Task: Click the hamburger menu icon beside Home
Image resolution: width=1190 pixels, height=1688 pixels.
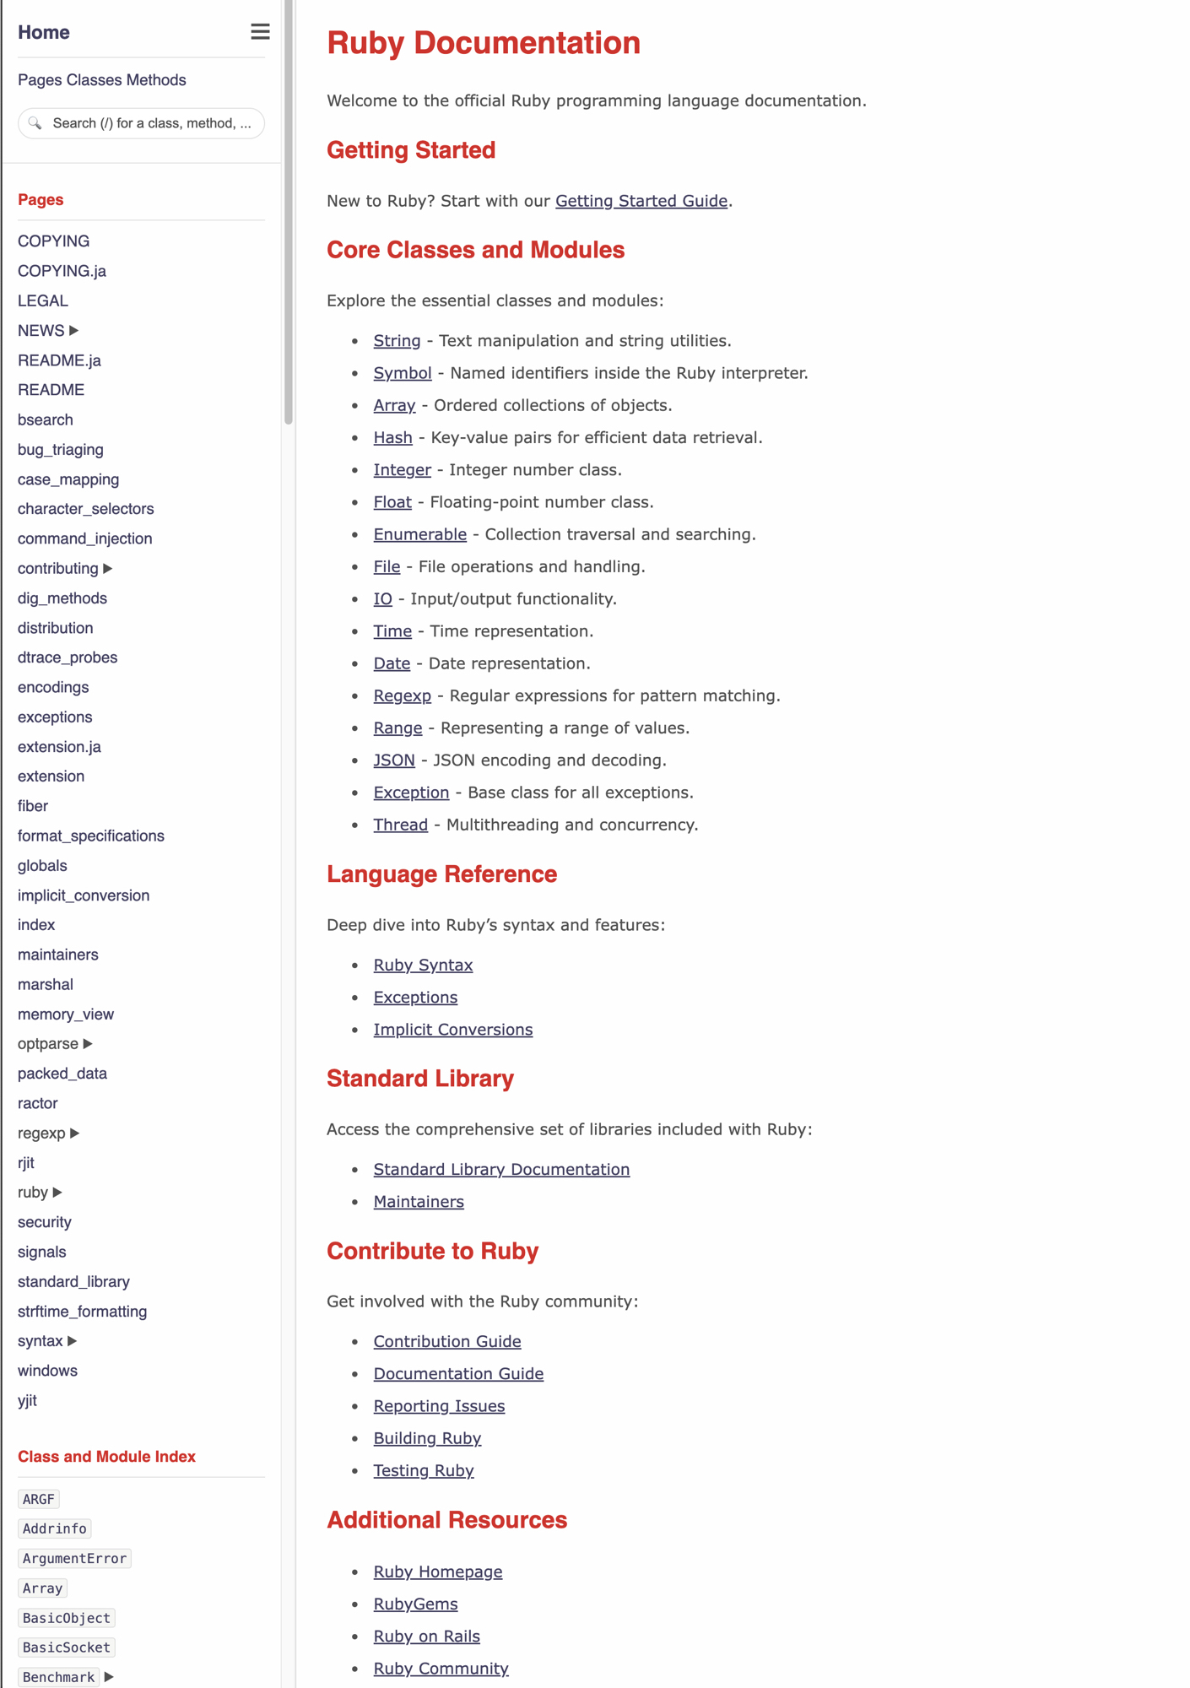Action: point(260,32)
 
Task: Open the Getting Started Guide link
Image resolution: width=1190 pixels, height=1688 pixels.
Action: point(641,201)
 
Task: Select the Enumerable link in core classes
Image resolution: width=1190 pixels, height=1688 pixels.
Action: point(419,534)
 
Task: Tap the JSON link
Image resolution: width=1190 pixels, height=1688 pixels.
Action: point(394,760)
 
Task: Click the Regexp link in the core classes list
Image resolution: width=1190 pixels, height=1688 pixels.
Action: point(402,695)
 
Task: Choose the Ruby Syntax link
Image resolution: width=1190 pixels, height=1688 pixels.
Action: point(423,965)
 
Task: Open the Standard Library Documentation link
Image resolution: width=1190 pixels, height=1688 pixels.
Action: point(501,1169)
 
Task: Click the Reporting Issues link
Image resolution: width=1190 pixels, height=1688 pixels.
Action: point(439,1406)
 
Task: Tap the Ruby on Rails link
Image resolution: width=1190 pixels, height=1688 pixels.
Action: point(426,1636)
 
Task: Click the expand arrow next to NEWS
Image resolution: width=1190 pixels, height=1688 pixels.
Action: point(74,331)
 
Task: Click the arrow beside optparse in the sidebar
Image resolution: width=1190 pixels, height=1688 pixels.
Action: point(88,1044)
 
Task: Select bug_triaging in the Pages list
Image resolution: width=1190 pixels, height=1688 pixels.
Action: point(61,450)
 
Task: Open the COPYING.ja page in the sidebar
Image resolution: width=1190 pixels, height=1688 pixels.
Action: point(62,271)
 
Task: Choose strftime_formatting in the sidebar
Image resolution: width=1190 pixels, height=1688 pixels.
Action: point(82,1312)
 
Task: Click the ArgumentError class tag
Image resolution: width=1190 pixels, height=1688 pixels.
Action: point(74,1558)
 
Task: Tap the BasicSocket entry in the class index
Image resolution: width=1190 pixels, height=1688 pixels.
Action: point(66,1647)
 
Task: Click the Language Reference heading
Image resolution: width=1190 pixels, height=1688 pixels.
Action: point(441,874)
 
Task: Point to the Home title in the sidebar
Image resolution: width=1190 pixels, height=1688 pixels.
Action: point(44,32)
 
